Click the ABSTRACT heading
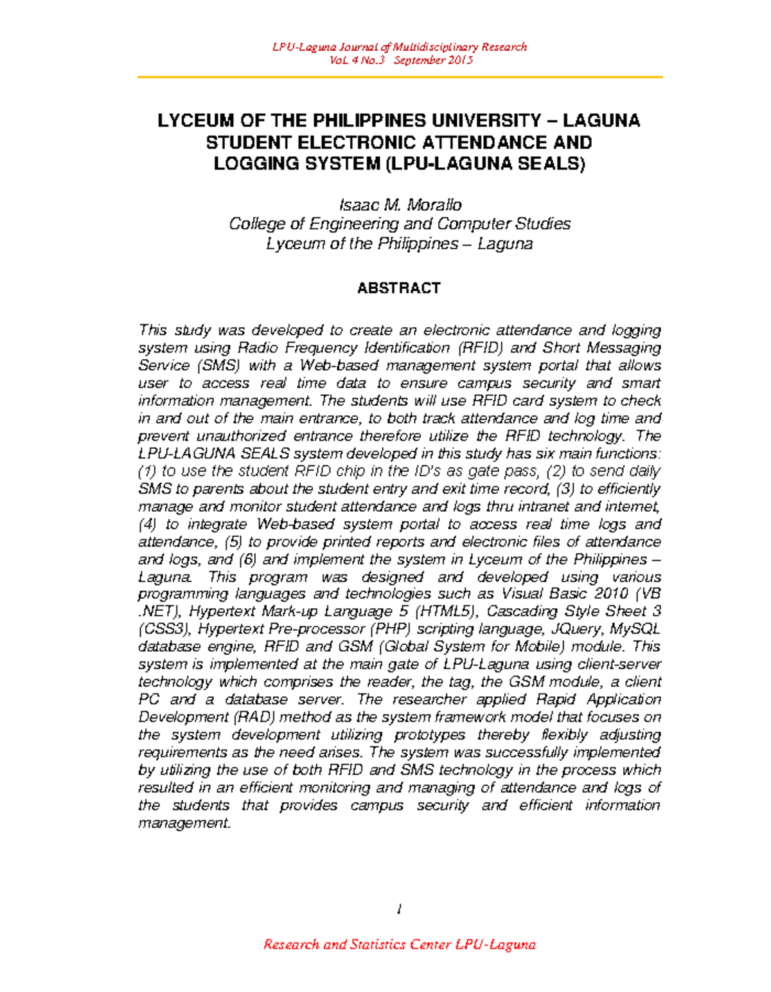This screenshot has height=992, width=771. (398, 288)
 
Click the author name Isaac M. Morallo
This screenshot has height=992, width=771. (400, 205)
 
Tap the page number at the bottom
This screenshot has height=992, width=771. (399, 909)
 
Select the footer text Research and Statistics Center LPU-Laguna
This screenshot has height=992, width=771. (399, 944)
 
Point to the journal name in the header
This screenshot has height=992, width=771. (399, 47)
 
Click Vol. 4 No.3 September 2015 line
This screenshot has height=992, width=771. (400, 60)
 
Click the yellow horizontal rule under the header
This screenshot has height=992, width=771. (399, 77)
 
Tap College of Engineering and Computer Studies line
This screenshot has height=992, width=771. (400, 224)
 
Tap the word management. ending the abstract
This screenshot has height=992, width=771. (184, 824)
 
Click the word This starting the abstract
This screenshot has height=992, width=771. (152, 330)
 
